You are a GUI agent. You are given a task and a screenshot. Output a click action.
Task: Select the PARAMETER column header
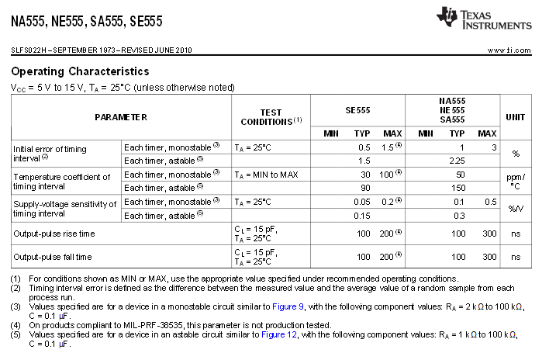coord(121,116)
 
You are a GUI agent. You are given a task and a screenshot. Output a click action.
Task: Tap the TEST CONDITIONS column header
coord(271,117)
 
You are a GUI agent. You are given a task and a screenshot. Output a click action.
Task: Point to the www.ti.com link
coord(509,50)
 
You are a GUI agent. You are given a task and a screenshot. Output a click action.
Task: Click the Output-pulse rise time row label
coord(53,234)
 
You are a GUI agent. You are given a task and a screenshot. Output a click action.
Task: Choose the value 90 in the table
coord(363,187)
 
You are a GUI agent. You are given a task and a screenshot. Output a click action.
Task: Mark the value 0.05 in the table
coord(362,202)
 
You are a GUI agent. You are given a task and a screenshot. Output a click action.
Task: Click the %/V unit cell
coord(515,208)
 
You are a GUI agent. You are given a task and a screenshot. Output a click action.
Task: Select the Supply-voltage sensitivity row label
coord(64,208)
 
